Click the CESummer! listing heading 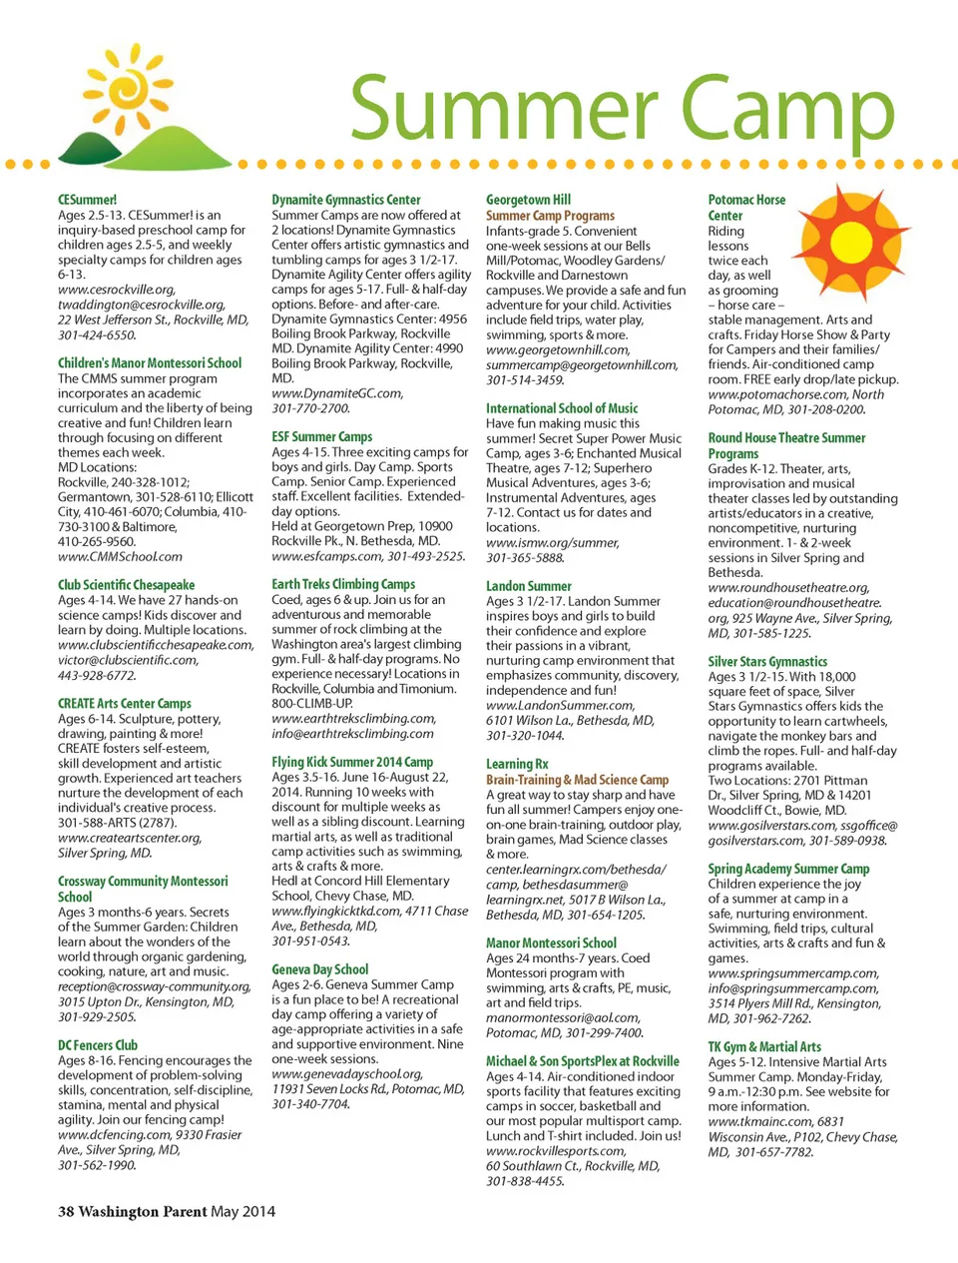[87, 200]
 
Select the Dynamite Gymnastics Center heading [346, 200]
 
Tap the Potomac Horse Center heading [745, 207]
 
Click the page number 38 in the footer [66, 1211]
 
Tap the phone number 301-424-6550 [97, 335]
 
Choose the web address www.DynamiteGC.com [337, 393]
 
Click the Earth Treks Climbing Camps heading [343, 584]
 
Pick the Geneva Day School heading [319, 969]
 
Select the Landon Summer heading [529, 586]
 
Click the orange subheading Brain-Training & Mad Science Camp [577, 780]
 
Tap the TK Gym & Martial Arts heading [764, 1046]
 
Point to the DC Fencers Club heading [98, 1045]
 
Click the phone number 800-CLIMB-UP [312, 703]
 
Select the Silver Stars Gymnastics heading [767, 661]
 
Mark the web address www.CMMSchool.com [120, 556]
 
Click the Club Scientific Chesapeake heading [126, 585]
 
